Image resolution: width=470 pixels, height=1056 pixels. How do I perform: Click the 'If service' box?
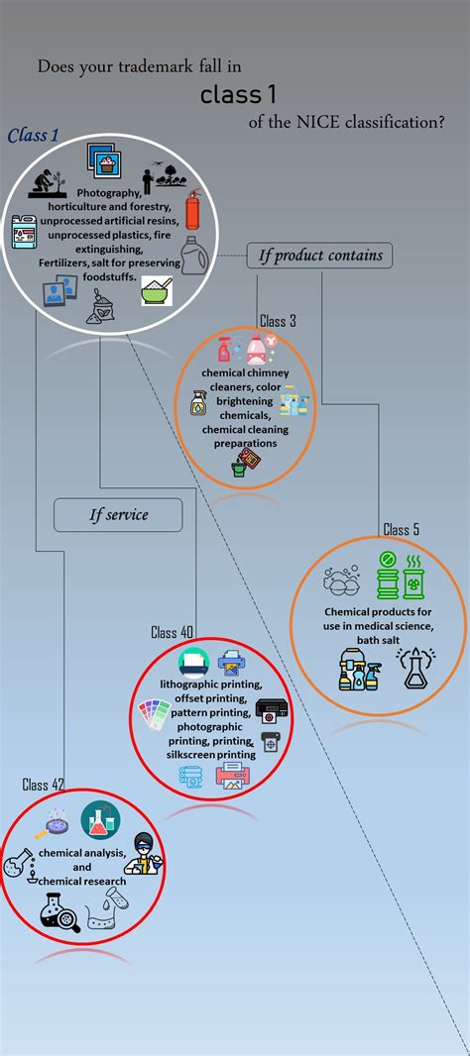click(x=118, y=515)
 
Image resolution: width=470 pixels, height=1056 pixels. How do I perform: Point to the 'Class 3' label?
click(x=278, y=321)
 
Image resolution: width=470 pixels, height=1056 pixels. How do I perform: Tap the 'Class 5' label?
click(x=401, y=530)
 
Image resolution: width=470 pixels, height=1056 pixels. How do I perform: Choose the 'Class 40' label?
click(x=172, y=632)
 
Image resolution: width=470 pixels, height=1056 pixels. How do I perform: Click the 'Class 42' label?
click(x=43, y=785)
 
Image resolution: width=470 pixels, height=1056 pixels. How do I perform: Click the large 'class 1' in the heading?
click(x=238, y=95)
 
